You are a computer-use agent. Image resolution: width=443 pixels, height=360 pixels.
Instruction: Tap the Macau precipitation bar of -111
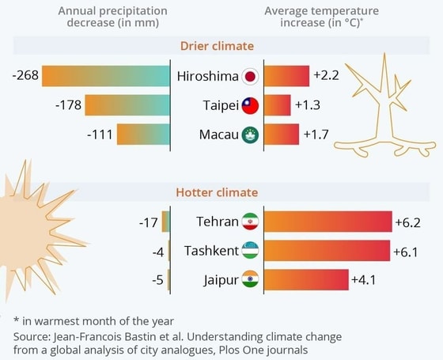pos(143,134)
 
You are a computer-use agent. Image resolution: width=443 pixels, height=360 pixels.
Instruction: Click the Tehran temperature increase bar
pos(328,222)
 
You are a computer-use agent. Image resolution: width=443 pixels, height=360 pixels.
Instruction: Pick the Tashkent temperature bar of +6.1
pos(327,251)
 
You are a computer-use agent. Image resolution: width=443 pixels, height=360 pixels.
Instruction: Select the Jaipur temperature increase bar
pos(305,279)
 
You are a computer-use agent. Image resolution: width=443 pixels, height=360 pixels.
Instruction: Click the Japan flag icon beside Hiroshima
pos(250,77)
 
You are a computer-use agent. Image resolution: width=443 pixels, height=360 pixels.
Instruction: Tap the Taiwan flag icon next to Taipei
pos(250,105)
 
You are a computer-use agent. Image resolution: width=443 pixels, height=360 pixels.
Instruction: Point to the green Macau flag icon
pos(250,135)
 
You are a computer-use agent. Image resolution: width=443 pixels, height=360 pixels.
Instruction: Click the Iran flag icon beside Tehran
pos(250,222)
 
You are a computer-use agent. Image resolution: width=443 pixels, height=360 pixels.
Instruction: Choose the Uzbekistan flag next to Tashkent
pos(250,251)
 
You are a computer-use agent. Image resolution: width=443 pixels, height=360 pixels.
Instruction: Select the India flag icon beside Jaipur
pos(250,279)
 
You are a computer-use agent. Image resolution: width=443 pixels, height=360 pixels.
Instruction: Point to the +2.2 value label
pos(326,76)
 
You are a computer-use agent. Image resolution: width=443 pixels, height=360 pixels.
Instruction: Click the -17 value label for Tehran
pos(148,222)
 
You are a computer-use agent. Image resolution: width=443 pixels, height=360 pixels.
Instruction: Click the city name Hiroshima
pos(206,77)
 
